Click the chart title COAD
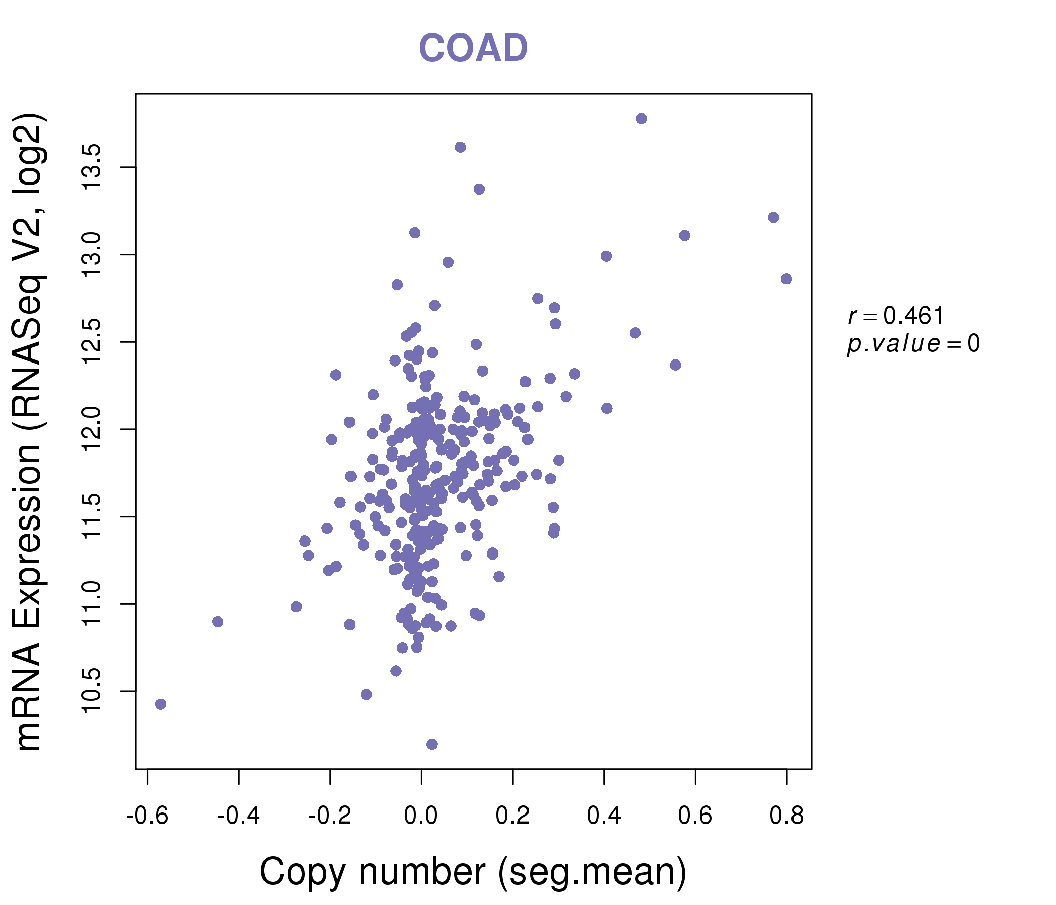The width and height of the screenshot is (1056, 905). [473, 48]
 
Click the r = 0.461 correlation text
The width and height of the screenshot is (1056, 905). [896, 316]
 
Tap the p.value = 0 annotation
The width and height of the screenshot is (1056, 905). [913, 344]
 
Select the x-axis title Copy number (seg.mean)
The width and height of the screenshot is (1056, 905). [473, 872]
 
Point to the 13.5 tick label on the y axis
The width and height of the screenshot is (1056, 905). [93, 167]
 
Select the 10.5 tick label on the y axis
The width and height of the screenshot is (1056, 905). [93, 691]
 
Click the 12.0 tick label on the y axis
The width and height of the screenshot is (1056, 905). [93, 429]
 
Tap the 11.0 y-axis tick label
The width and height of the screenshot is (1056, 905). [93, 604]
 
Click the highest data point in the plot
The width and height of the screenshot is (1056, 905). [641, 119]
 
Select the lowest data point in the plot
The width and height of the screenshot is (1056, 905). [431, 744]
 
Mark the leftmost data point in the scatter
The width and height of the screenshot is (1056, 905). [160, 704]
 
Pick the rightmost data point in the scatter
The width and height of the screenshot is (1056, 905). [786, 279]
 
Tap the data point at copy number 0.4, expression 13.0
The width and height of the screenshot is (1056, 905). [606, 256]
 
